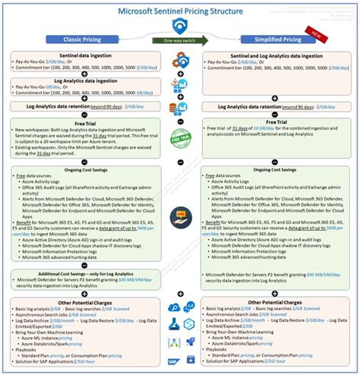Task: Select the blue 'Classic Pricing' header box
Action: pos(81,39)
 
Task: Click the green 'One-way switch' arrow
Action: pos(180,39)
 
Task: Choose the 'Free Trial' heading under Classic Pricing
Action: pos(81,119)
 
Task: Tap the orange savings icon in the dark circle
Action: pos(180,216)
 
